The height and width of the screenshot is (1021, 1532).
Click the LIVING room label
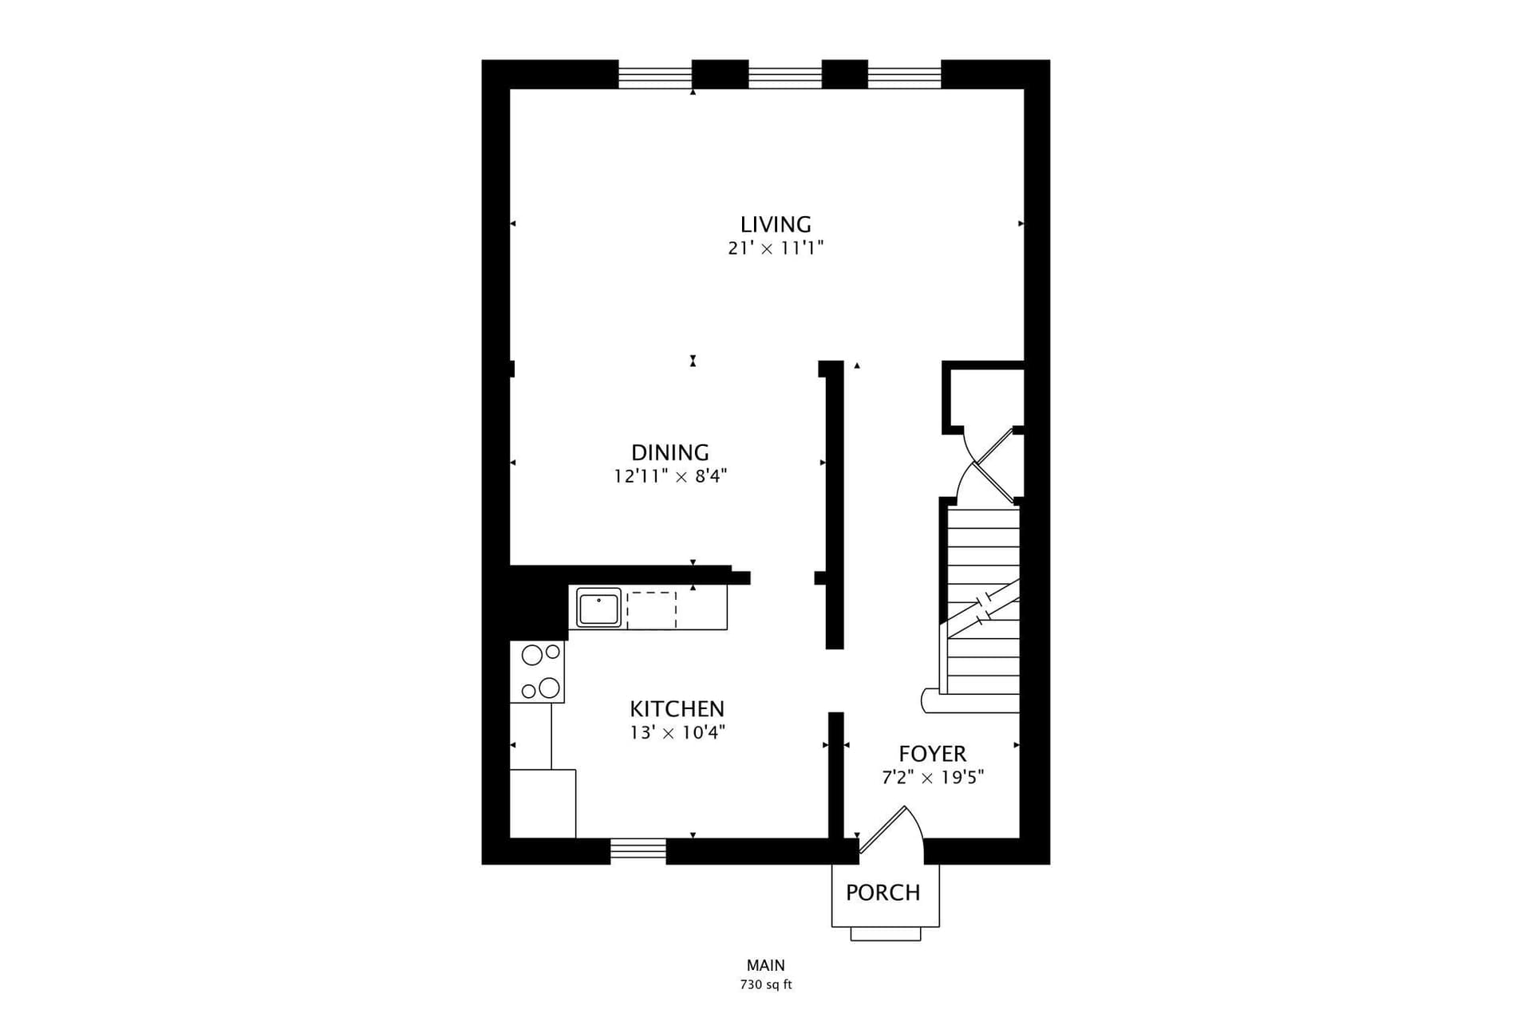(776, 224)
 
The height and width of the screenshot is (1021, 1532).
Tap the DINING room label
(670, 452)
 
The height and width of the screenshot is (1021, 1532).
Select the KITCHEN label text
(677, 708)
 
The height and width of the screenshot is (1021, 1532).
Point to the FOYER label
(932, 754)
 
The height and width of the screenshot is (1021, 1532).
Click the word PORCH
(883, 893)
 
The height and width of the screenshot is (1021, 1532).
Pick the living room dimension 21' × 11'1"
(776, 248)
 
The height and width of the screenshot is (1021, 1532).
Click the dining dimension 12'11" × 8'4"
(670, 476)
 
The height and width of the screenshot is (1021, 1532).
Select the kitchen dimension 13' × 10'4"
(677, 732)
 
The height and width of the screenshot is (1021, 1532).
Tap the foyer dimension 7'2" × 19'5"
(933, 777)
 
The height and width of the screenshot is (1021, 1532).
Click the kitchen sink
(598, 609)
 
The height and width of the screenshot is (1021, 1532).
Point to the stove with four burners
(537, 672)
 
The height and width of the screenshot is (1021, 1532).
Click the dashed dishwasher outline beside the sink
(651, 609)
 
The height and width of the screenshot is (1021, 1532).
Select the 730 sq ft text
(766, 985)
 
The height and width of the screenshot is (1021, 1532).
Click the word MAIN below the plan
(766, 966)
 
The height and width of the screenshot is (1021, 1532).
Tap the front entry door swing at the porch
(891, 834)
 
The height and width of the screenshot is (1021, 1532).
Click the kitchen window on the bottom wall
(638, 850)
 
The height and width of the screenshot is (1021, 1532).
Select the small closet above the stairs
(983, 397)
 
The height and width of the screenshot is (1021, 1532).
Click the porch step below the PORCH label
(886, 934)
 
